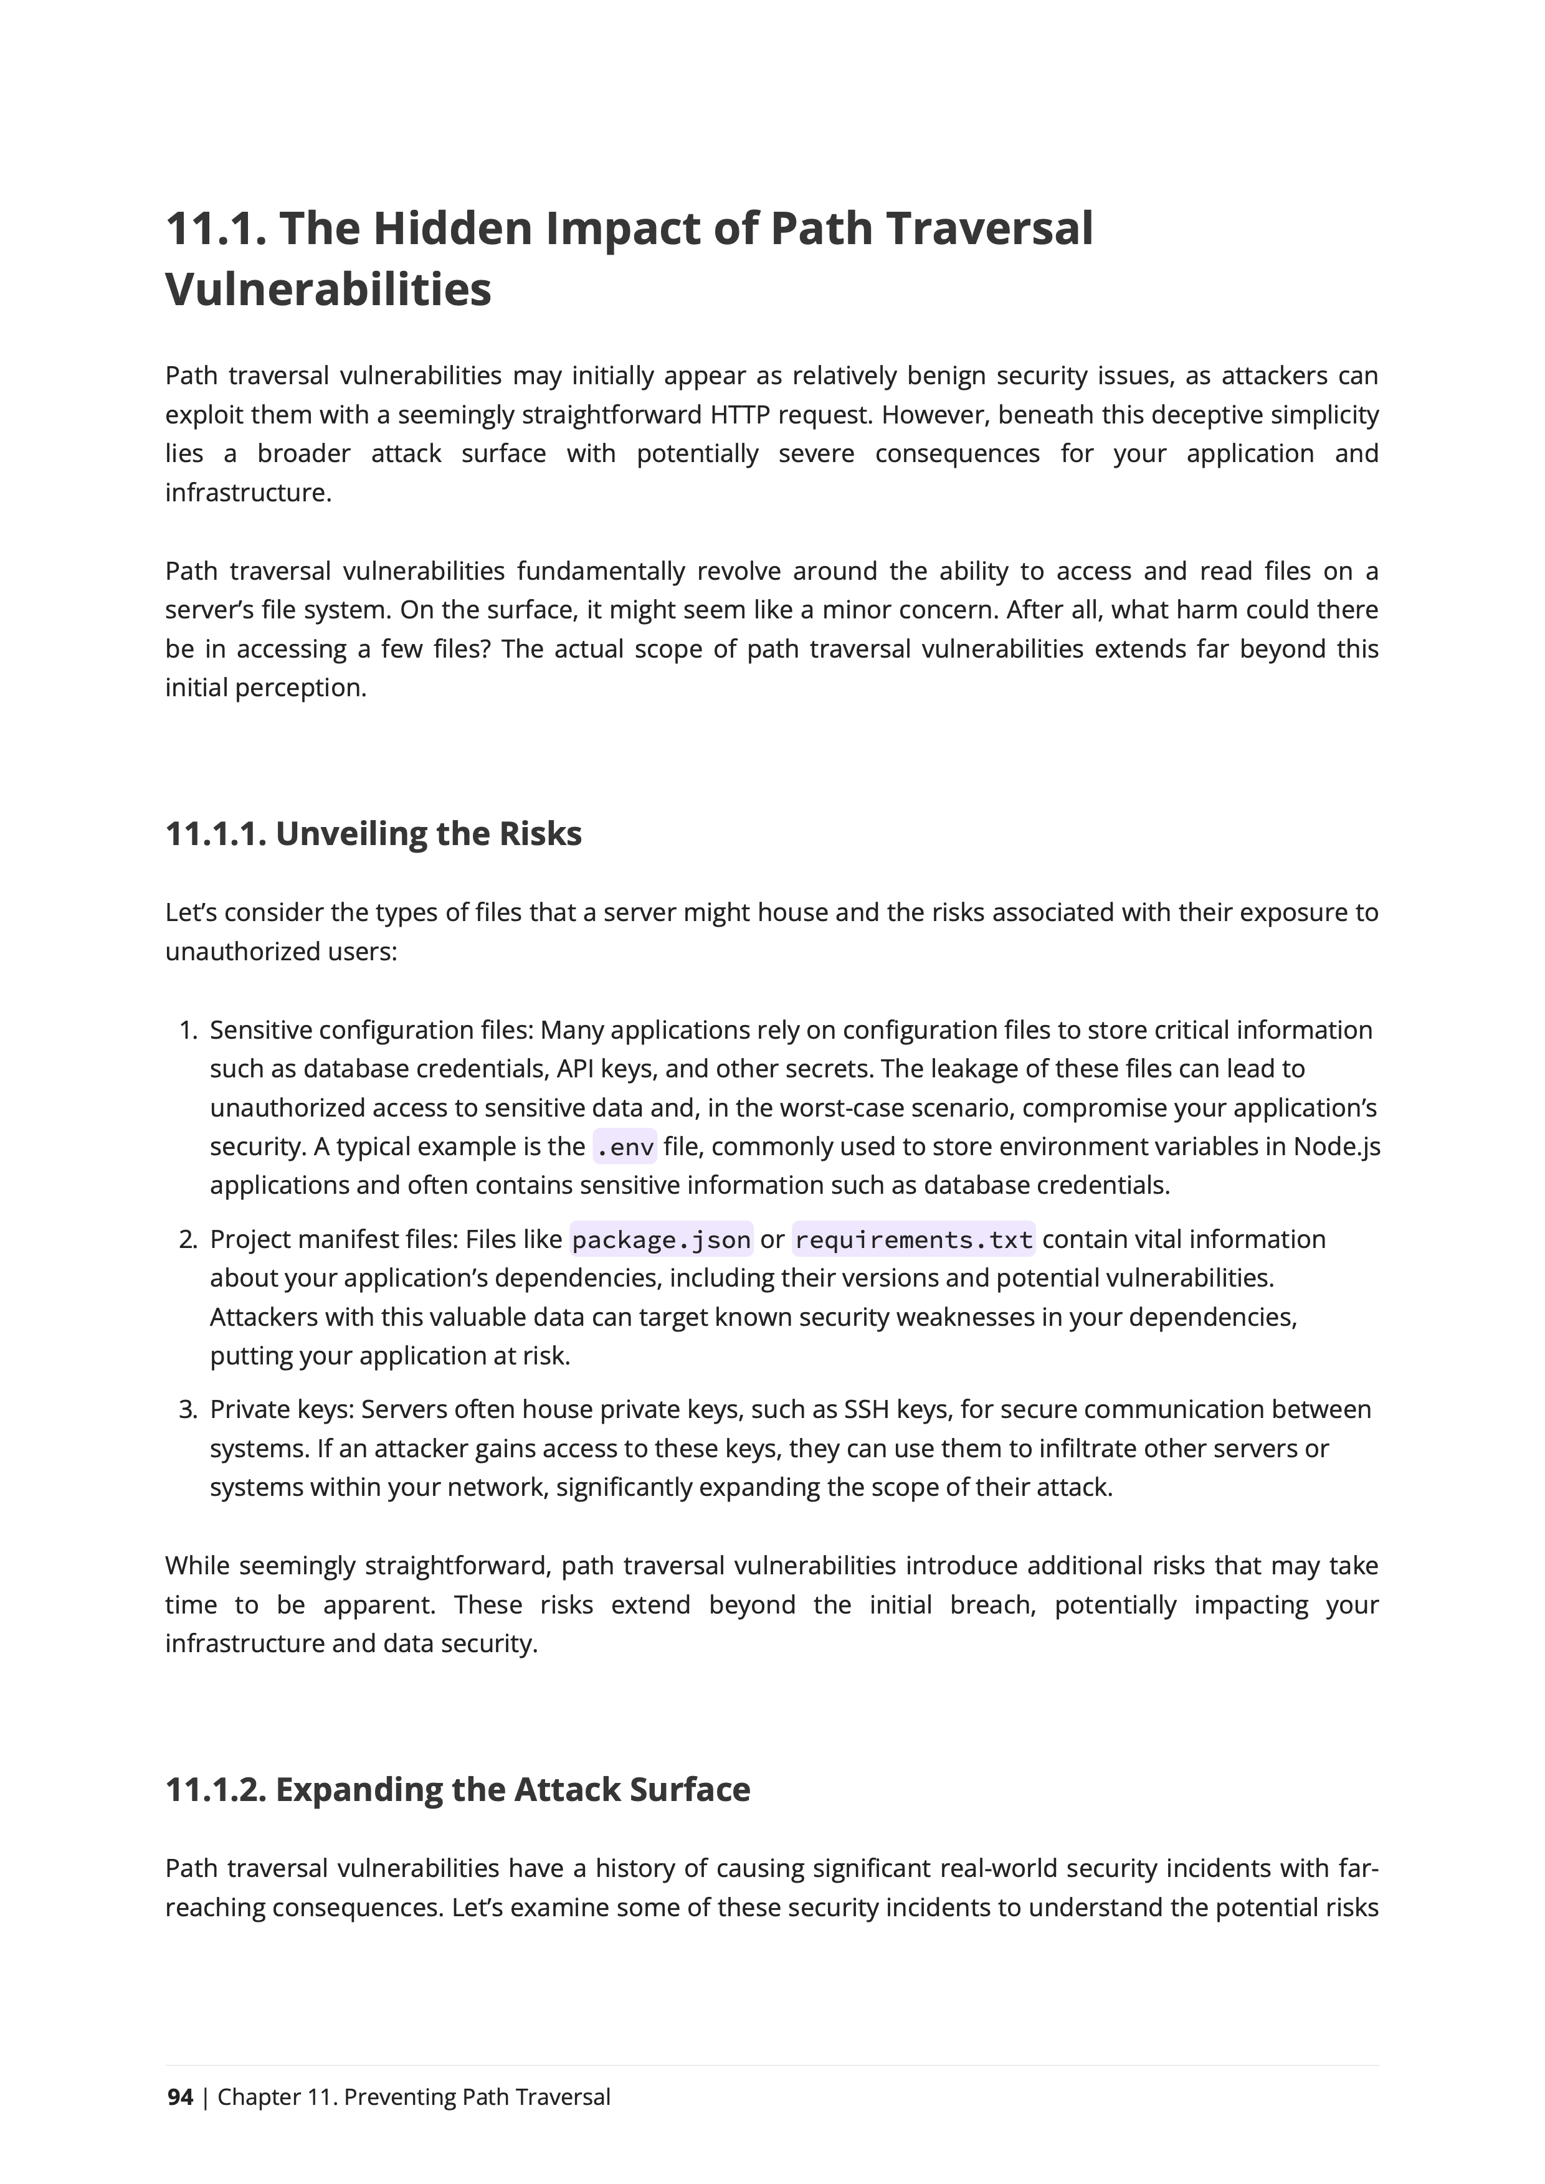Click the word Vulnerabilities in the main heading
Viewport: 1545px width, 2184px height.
click(328, 289)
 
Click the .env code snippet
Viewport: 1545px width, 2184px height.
click(624, 1147)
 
